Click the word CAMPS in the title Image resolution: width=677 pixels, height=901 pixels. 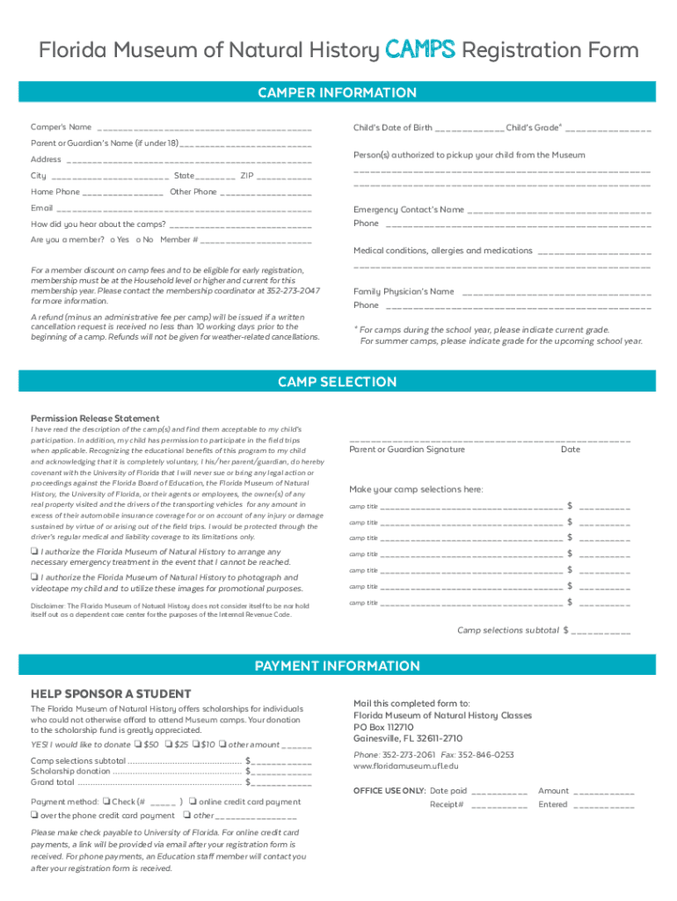pyautogui.click(x=419, y=51)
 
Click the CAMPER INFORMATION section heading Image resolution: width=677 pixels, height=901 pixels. pyautogui.click(x=338, y=92)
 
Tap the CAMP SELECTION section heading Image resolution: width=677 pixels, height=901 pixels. pyautogui.click(x=338, y=382)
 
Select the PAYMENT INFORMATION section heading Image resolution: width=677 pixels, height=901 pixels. pyautogui.click(x=338, y=665)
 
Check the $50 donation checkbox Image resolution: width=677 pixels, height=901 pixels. pyautogui.click(x=137, y=744)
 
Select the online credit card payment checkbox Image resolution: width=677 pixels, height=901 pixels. pyautogui.click(x=193, y=802)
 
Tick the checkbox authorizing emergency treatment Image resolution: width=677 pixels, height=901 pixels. pyautogui.click(x=35, y=552)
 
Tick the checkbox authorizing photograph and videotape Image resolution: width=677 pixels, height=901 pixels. pyautogui.click(x=35, y=577)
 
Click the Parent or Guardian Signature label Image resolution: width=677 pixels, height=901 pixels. pyautogui.click(x=407, y=450)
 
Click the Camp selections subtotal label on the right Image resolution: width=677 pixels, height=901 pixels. pyautogui.click(x=507, y=630)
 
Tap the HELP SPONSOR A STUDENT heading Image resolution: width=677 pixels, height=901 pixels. pyautogui.click(x=98, y=692)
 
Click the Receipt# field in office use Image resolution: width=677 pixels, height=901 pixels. pyautogui.click(x=499, y=805)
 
